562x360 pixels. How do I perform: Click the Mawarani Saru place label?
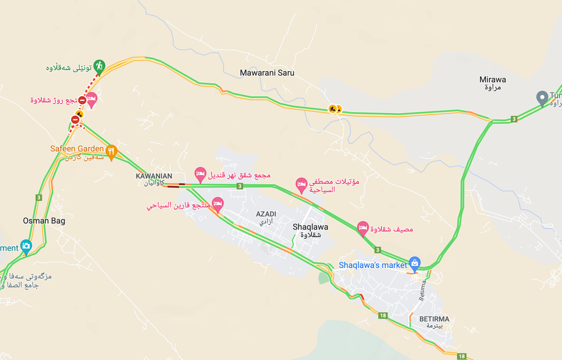pyautogui.click(x=267, y=73)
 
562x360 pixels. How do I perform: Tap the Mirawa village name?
pyautogui.click(x=493, y=80)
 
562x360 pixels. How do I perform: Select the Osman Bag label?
pyautogui.click(x=44, y=221)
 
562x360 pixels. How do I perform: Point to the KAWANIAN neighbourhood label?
pyautogui.click(x=154, y=176)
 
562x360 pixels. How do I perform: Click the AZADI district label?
pyautogui.click(x=266, y=213)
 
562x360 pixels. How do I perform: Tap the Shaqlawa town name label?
pyautogui.click(x=311, y=227)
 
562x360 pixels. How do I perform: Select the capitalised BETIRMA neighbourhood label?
pyautogui.click(x=434, y=319)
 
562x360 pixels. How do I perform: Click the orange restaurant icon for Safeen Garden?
pyautogui.click(x=111, y=151)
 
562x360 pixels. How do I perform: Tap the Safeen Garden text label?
pyautogui.click(x=77, y=149)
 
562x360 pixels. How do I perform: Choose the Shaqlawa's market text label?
pyautogui.click(x=373, y=265)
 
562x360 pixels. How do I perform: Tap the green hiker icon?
pyautogui.click(x=100, y=66)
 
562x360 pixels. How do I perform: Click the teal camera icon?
pyautogui.click(x=26, y=246)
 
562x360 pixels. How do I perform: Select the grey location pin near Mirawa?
pyautogui.click(x=542, y=97)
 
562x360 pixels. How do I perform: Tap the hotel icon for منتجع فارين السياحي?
pyautogui.click(x=218, y=204)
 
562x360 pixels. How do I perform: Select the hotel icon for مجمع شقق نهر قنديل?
pyautogui.click(x=200, y=174)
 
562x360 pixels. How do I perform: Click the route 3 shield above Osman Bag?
pyautogui.click(x=39, y=197)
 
